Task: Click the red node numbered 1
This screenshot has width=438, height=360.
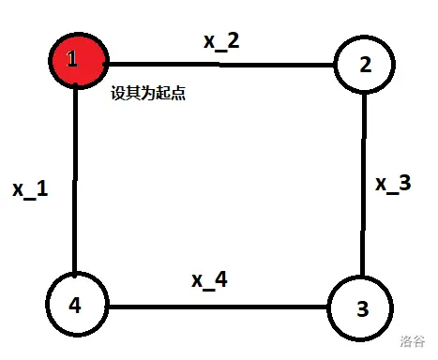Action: pos(78,61)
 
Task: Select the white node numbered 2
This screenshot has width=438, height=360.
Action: pos(365,65)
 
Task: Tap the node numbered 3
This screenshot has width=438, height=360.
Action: pos(360,308)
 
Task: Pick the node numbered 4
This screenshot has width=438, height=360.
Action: pos(77,304)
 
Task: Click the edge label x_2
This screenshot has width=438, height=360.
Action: pos(221,41)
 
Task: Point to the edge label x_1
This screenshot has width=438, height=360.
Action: pos(30,189)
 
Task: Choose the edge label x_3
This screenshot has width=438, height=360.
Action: pos(393,184)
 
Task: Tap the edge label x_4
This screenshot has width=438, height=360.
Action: pos(209,280)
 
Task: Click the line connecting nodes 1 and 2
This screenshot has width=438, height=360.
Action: pos(221,65)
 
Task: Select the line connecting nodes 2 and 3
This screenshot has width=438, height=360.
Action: pos(363,185)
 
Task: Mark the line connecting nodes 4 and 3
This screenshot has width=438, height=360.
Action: pos(218,307)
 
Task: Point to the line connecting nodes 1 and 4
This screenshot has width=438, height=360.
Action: pos(75,181)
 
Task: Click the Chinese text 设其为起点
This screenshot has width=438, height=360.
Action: pos(148,93)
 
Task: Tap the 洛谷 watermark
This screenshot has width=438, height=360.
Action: pos(413,341)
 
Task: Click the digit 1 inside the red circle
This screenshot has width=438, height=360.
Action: pos(72,58)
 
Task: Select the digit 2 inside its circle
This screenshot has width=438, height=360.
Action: pos(366,65)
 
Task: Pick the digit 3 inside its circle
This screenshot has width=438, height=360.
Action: pos(363,308)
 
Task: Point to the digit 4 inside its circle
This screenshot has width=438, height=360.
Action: pos(75,305)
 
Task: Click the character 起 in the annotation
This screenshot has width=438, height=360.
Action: pos(163,93)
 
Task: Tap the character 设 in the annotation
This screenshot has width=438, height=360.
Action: pos(118,93)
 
